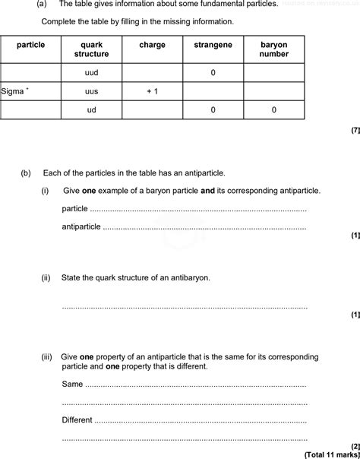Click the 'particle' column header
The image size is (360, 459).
click(31, 45)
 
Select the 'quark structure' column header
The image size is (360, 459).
click(91, 49)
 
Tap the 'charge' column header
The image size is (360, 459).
click(152, 45)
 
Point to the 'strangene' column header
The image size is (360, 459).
click(213, 45)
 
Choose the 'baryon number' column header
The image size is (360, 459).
click(274, 49)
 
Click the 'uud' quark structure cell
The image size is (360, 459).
click(92, 72)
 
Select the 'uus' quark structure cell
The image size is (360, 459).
click(92, 91)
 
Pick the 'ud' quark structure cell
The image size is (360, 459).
click(92, 110)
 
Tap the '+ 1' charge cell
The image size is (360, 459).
click(152, 91)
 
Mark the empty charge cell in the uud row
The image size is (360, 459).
click(152, 72)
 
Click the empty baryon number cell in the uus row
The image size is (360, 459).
click(274, 91)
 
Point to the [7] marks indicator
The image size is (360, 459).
click(355, 131)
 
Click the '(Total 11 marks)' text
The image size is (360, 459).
click(331, 454)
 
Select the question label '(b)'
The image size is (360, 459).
click(27, 173)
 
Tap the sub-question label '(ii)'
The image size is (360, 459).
click(46, 278)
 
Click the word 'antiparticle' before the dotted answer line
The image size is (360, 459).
click(81, 226)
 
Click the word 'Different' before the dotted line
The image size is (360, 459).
click(77, 419)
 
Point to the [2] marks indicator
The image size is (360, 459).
click(355, 445)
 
